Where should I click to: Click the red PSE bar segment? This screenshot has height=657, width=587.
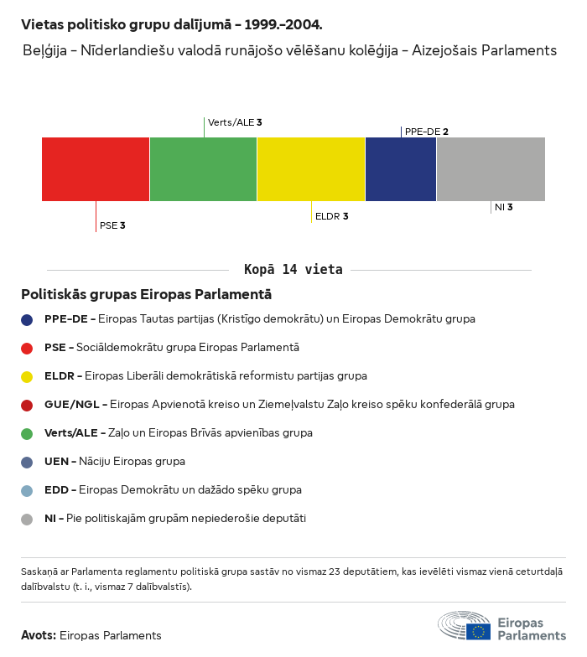point(96,169)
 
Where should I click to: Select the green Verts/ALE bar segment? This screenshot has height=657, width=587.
point(203,169)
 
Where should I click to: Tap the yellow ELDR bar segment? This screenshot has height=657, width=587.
point(311,169)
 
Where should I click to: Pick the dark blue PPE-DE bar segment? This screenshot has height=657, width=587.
point(401,169)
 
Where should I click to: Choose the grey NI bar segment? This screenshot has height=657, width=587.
point(491,169)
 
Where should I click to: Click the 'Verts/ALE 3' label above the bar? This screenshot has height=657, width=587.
point(235,122)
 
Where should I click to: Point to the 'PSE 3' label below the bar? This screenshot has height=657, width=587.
point(112,225)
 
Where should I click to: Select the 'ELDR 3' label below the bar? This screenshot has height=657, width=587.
point(331,216)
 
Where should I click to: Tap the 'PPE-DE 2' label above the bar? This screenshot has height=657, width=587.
point(427,132)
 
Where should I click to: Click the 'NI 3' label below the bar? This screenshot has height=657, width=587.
point(504,207)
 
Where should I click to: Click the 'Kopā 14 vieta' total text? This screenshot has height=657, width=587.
point(293,270)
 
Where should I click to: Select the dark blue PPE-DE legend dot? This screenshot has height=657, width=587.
point(27,319)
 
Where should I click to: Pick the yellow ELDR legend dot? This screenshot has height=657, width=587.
point(27,376)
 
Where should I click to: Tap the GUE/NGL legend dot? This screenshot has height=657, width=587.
point(27,405)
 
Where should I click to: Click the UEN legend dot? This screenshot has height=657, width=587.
point(27,462)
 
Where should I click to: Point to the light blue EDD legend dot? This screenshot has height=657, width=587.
point(27,490)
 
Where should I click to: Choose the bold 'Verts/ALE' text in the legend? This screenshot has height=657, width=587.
point(71,433)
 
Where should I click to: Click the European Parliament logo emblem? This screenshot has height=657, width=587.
point(464,627)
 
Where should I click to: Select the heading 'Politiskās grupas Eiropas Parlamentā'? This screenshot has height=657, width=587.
point(146,295)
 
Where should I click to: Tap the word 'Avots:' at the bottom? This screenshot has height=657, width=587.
point(39,635)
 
